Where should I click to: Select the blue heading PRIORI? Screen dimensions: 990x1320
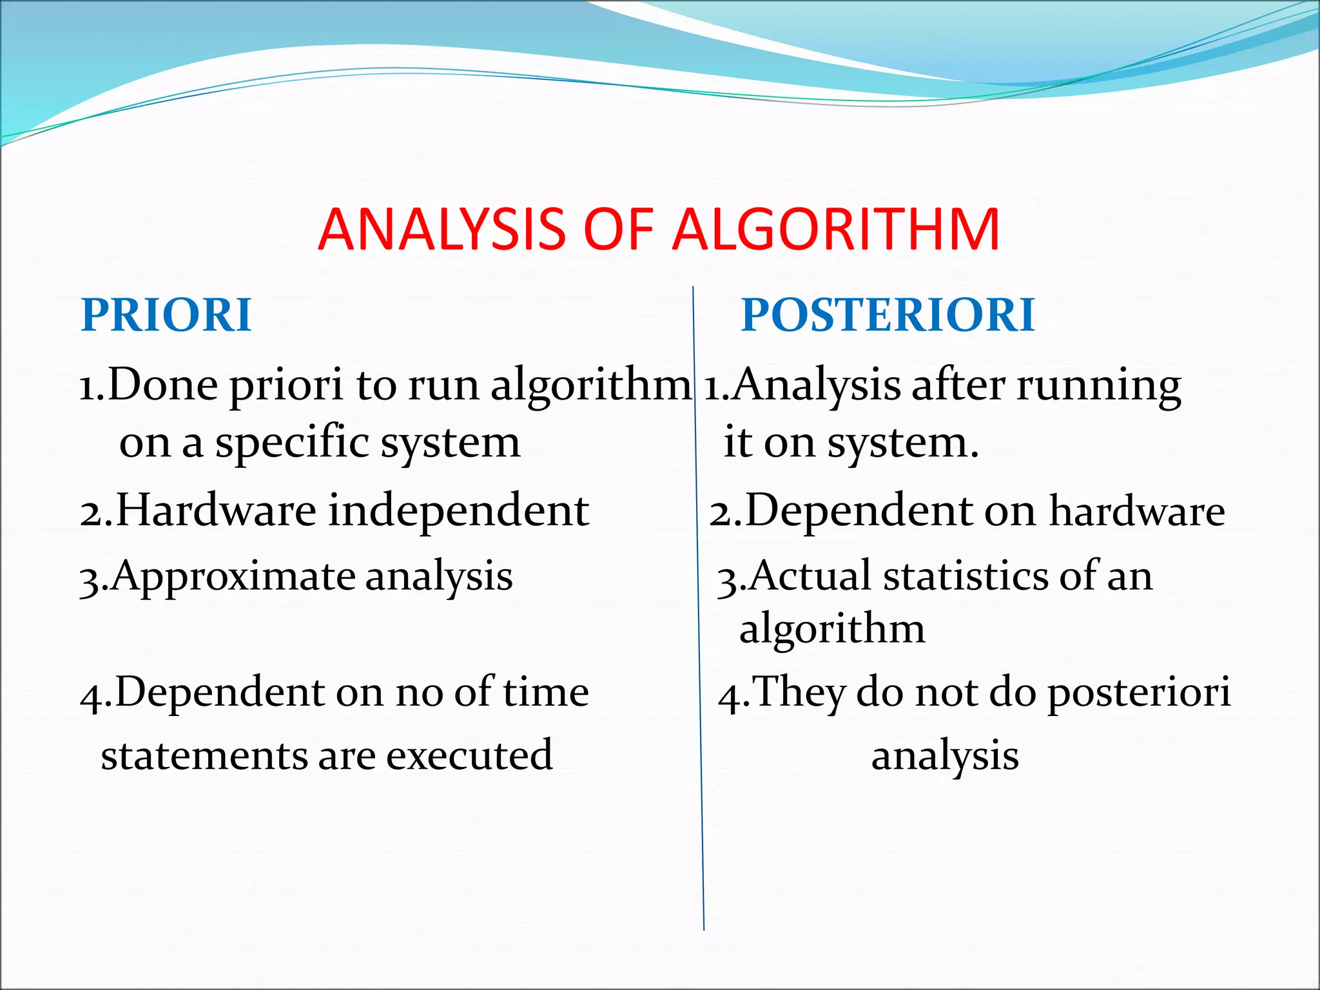point(166,315)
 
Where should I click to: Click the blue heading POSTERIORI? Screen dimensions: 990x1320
point(888,315)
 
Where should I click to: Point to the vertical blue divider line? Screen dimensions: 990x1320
point(699,645)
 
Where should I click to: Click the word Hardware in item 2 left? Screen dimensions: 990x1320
point(216,510)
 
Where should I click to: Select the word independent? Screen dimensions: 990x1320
point(459,510)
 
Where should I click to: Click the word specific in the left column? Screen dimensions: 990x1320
point(292,443)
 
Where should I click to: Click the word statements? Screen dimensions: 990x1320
point(204,755)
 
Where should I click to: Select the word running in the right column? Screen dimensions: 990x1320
point(1099,386)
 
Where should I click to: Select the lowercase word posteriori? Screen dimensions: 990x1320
point(1140,693)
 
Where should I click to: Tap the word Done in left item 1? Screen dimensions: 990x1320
point(163,385)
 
